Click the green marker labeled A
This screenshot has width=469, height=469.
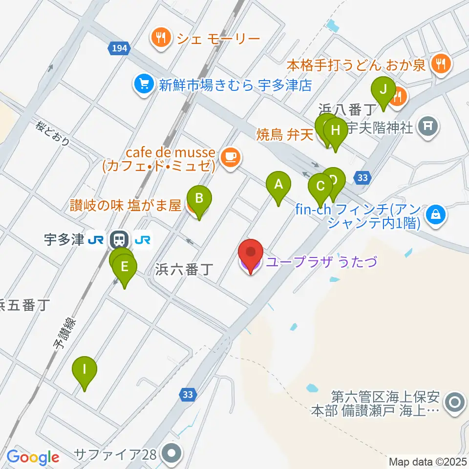(x=278, y=185)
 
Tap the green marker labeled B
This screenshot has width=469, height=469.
(x=199, y=199)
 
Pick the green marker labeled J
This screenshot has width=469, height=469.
(x=383, y=89)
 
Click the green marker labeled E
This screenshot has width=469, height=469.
(x=125, y=267)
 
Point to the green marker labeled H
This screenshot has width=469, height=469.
(x=335, y=130)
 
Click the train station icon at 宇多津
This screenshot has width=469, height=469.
(x=118, y=240)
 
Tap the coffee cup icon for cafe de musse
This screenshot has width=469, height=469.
(x=230, y=157)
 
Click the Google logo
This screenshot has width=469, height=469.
(x=33, y=458)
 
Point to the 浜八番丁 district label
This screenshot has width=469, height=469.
(x=347, y=108)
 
